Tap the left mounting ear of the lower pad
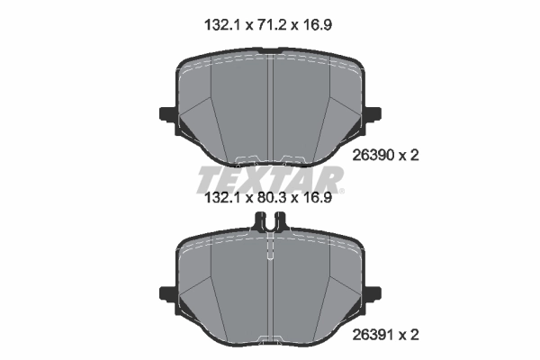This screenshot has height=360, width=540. point(168,292)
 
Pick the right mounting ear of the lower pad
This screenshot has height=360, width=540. point(373,292)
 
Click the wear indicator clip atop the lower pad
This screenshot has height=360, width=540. point(271,221)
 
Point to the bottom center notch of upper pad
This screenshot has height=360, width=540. point(271,162)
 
